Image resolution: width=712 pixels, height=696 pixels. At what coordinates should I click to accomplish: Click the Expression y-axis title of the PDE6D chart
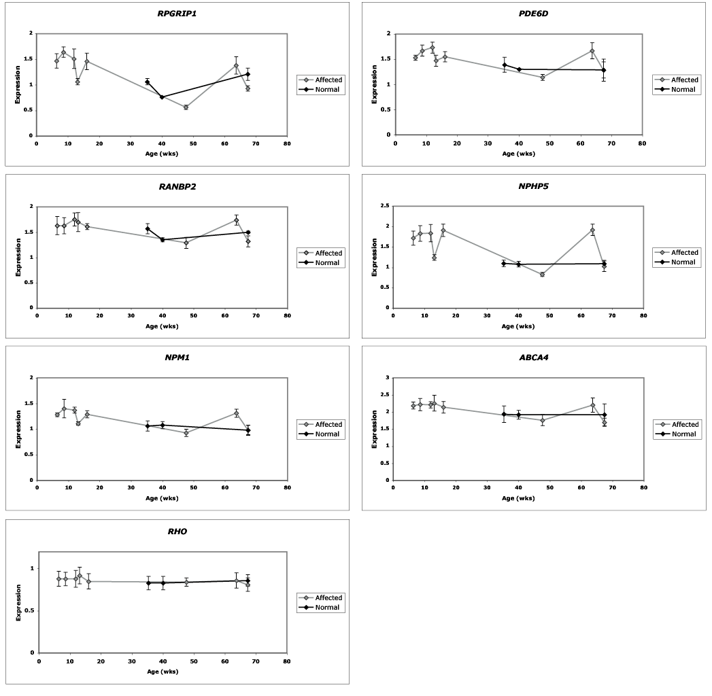374,84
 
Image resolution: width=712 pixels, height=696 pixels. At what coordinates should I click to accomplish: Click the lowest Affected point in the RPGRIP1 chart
186,107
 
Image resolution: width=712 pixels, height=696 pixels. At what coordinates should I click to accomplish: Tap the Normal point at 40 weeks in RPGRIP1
162,97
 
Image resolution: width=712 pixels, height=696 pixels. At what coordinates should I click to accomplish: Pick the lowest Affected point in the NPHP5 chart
542,275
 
